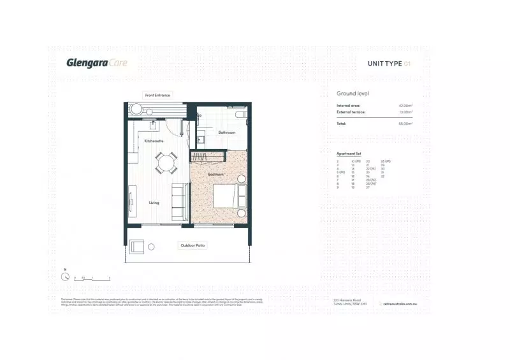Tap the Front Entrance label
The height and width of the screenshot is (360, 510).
pyautogui.click(x=157, y=95)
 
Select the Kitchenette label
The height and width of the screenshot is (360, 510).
pyautogui.click(x=154, y=140)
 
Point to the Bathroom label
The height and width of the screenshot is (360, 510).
pyautogui.click(x=227, y=133)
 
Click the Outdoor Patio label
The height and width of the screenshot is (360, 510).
pyautogui.click(x=193, y=245)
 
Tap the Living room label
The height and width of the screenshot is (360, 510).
pyautogui.click(x=154, y=203)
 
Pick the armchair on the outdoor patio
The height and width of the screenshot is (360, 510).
pyautogui.click(x=137, y=246)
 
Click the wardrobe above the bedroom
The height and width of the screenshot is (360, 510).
pyautogui.click(x=209, y=155)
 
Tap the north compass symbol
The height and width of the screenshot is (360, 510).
pyautogui.click(x=65, y=277)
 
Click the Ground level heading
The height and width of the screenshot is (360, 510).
pyautogui.click(x=353, y=94)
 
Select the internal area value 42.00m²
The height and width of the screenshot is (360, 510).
pyautogui.click(x=405, y=105)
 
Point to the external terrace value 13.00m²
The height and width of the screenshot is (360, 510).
pyautogui.click(x=405, y=112)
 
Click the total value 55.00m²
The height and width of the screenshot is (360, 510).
pyautogui.click(x=405, y=124)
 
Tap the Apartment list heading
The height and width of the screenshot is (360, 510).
pyautogui.click(x=349, y=154)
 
